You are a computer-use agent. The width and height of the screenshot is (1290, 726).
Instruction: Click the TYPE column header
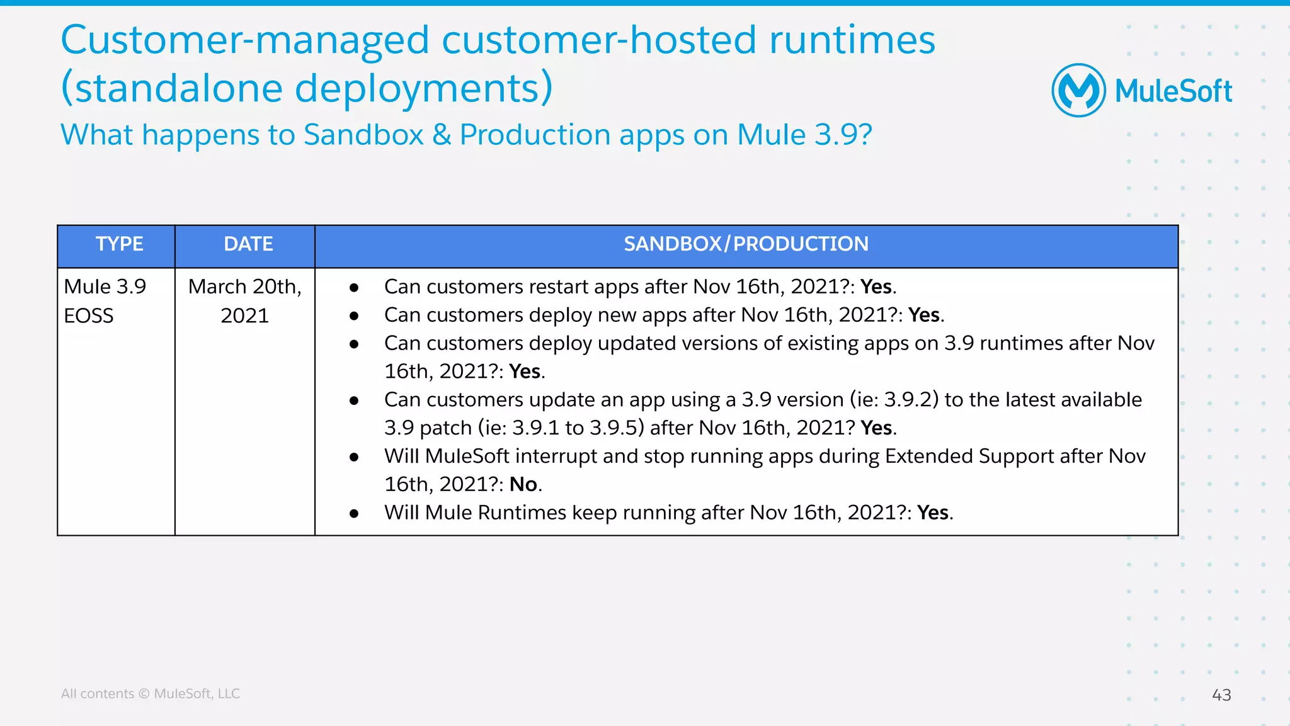(119, 244)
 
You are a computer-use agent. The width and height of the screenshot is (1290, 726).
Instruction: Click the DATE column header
(248, 244)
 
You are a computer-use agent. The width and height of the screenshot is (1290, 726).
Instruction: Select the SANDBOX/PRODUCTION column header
(746, 244)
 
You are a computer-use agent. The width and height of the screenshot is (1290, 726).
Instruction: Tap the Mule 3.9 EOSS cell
(105, 301)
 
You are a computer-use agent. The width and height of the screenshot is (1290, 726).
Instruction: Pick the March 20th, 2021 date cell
(244, 301)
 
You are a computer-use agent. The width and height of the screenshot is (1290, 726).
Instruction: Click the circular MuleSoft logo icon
(1078, 91)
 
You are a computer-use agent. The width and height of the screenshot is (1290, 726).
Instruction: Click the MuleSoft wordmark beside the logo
(1173, 91)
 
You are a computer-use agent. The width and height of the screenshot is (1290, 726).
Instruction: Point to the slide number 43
(1221, 695)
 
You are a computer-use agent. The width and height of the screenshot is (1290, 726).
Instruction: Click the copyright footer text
(150, 693)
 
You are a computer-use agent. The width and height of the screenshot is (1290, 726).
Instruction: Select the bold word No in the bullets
(523, 484)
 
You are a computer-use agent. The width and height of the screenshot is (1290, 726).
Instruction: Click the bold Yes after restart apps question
(876, 286)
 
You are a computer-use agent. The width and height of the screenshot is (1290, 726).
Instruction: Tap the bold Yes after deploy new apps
(924, 315)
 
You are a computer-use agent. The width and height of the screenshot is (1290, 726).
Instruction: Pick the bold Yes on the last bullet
(933, 513)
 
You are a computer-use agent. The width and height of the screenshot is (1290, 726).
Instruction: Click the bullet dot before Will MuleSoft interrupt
(354, 457)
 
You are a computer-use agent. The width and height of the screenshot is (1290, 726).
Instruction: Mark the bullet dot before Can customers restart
(354, 288)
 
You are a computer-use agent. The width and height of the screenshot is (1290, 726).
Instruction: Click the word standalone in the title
(178, 88)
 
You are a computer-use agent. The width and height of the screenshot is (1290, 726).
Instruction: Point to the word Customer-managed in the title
(245, 40)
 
